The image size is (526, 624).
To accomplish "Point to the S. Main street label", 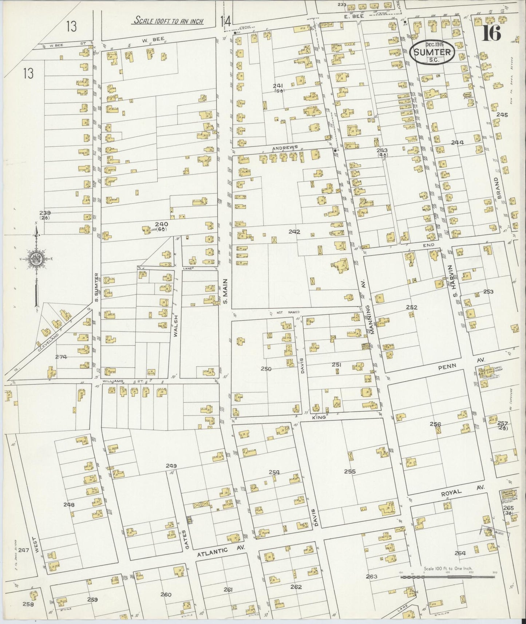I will pyautogui.click(x=225, y=291).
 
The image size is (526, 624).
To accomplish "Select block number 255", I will pyautogui.click(x=349, y=471).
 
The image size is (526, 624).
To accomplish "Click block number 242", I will pyautogui.click(x=294, y=231).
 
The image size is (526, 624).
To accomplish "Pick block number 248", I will pyautogui.click(x=69, y=505).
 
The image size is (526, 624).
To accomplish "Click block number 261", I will pyautogui.click(x=228, y=589).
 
